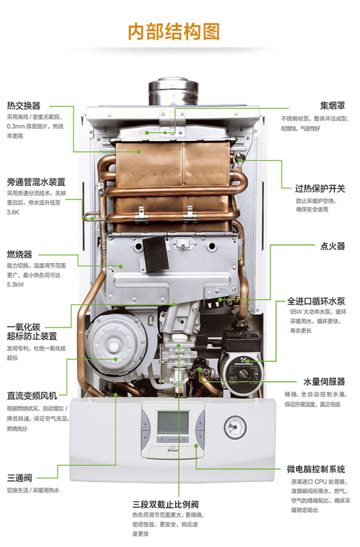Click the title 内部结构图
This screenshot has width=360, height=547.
pos(174,32)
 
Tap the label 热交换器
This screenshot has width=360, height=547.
pos(24,106)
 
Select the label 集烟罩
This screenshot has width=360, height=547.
pos(332,106)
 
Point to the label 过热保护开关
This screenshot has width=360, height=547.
pos(320,189)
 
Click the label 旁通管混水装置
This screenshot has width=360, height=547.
pos(36,182)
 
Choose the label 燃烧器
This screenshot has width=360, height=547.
pos(19,254)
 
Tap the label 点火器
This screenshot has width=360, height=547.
pos(332,246)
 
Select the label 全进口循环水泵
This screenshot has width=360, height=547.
pos(316,301)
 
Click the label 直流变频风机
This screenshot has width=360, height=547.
pos(32,396)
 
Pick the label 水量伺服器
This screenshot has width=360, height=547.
pos(324,382)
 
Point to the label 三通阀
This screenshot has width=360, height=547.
pos(19,478)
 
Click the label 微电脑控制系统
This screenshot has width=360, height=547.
pos(316,469)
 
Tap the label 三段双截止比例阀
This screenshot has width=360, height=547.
pos(165,504)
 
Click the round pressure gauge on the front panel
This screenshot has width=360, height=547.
pos(235,427)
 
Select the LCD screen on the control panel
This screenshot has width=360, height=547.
pos(173,422)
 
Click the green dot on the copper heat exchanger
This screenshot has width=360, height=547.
pos(139,151)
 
